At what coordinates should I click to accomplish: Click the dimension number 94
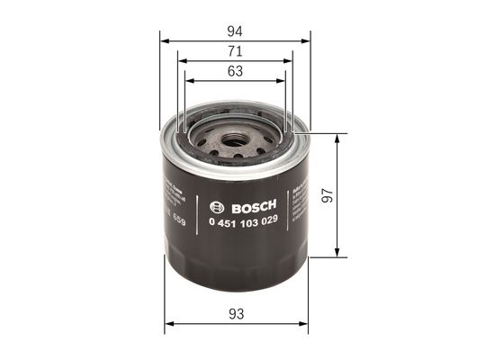236,31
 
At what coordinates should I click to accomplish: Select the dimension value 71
236,51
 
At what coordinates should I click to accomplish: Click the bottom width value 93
236,313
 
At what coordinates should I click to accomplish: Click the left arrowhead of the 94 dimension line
164,40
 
